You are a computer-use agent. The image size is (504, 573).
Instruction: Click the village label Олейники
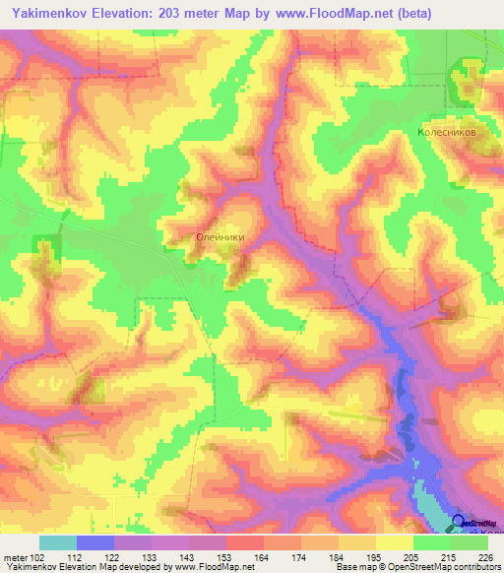coord(220,236)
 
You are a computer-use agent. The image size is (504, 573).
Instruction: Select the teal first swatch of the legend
coord(58,542)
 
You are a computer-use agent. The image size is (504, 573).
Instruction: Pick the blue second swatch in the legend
coord(95,542)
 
